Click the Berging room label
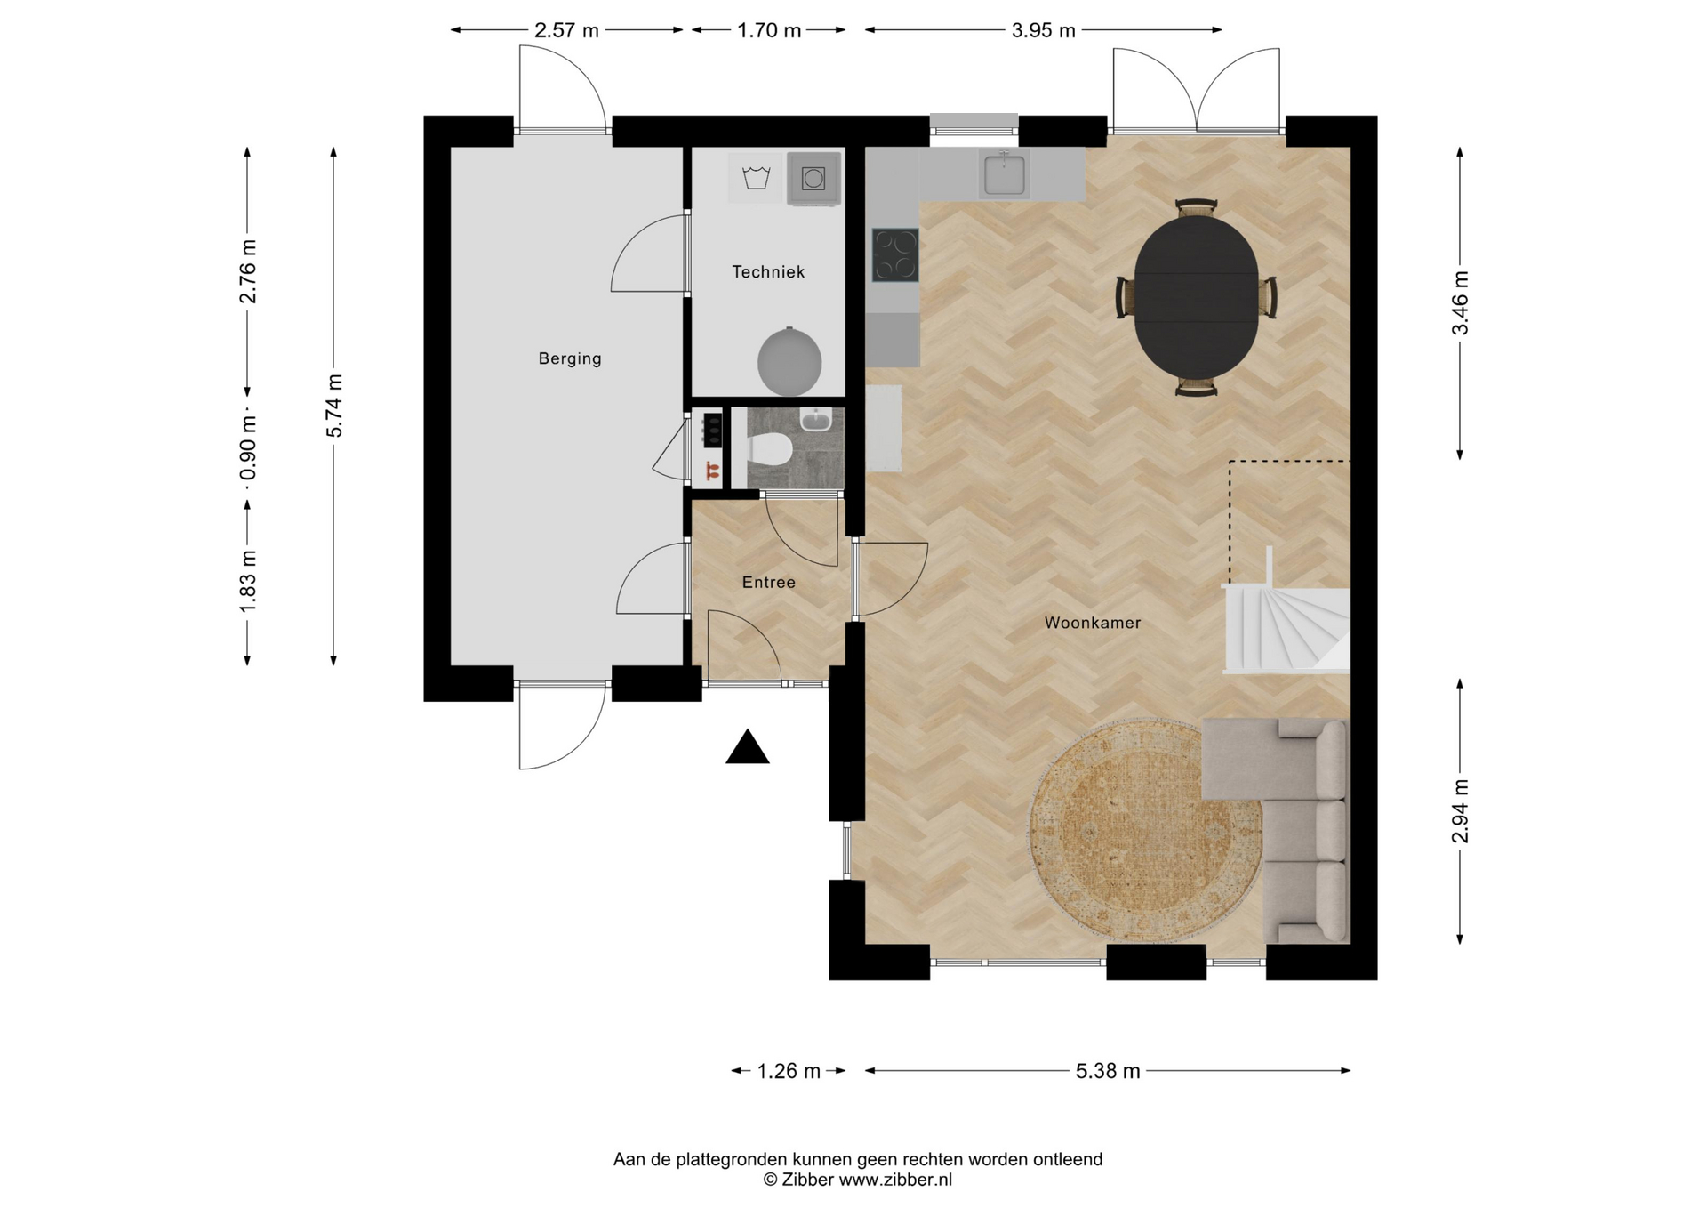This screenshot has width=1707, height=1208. (x=570, y=358)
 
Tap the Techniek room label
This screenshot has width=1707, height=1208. (x=768, y=272)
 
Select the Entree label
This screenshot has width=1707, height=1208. (x=769, y=582)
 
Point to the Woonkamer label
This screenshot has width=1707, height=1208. (x=1093, y=623)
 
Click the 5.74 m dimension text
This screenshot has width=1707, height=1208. (x=334, y=406)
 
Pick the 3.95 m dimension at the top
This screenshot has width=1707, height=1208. (x=1044, y=30)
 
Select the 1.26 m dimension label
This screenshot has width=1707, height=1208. (x=789, y=1071)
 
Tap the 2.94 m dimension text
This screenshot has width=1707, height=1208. (x=1460, y=810)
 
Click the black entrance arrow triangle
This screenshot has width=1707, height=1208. (x=748, y=747)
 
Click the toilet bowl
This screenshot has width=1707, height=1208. (x=770, y=448)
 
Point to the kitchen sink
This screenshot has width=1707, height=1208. (x=1004, y=172)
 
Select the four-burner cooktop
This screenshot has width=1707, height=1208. (x=895, y=255)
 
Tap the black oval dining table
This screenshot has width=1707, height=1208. (x=1197, y=297)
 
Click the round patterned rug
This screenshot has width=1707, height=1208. (x=1145, y=830)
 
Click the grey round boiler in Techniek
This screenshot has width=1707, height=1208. (x=789, y=361)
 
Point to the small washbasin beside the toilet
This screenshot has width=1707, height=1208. (x=815, y=419)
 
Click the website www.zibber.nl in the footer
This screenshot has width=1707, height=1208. (x=895, y=1180)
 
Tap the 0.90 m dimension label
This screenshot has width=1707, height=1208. (x=248, y=448)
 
